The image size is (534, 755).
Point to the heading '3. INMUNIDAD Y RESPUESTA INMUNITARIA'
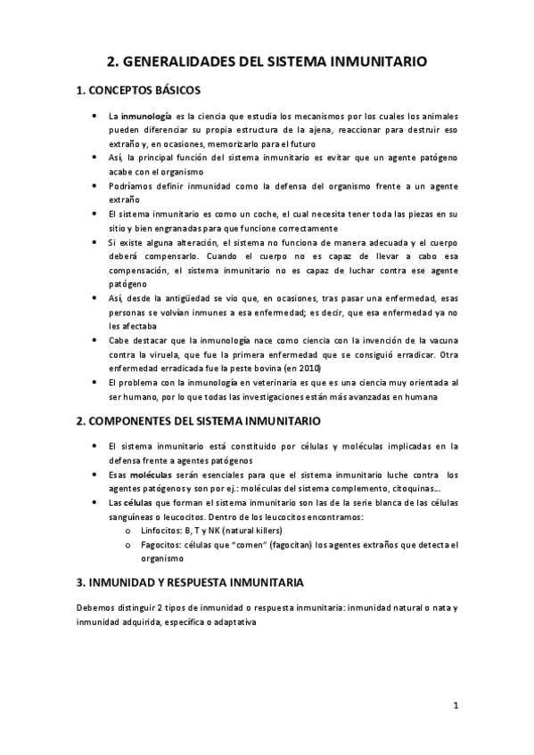click(x=191, y=582)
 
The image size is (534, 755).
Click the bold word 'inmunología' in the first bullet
click(x=146, y=116)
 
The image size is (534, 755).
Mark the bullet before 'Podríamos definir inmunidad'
click(x=94, y=185)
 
